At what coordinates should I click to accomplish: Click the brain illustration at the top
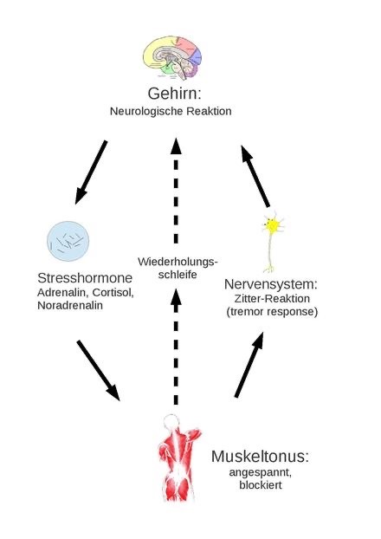tap(172, 57)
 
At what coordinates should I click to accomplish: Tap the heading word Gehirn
tap(174, 94)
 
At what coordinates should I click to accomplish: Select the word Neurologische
tap(146, 112)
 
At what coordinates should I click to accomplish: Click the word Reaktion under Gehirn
tap(209, 111)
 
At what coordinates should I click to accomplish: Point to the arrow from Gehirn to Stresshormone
tap(91, 172)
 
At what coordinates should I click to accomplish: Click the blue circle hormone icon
tap(68, 241)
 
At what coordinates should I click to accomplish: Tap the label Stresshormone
tap(85, 278)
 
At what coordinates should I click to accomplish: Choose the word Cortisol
tap(113, 293)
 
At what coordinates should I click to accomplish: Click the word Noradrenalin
tap(70, 305)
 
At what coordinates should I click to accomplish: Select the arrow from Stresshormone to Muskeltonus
tap(99, 370)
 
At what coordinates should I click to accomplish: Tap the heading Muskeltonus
tap(260, 456)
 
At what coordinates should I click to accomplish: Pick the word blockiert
tap(261, 485)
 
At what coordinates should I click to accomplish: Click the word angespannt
tap(260, 472)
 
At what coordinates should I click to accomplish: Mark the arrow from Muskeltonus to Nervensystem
tap(249, 365)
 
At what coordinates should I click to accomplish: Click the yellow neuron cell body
tap(273, 225)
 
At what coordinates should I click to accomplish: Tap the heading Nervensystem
tap(271, 284)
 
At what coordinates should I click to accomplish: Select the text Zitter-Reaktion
tap(272, 298)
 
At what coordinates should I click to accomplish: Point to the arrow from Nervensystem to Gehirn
tap(255, 176)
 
